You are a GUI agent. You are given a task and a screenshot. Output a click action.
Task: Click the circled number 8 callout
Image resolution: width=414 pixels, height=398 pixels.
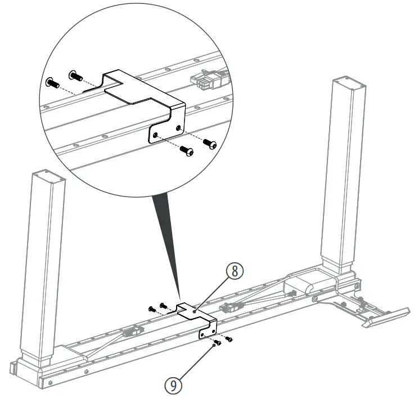(x=235, y=271)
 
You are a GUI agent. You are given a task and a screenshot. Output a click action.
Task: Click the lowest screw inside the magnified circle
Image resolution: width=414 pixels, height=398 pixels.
(x=187, y=151)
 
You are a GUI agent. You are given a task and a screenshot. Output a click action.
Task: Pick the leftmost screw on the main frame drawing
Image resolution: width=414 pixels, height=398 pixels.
(x=151, y=308)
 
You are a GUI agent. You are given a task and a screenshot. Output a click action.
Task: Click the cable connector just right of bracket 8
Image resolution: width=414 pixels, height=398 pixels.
(x=231, y=307)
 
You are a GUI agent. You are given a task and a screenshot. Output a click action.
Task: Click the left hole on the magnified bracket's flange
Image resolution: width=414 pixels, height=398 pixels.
(x=155, y=135)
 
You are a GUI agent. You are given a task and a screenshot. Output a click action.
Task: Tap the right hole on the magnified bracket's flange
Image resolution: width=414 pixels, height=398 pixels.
(x=178, y=128)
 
